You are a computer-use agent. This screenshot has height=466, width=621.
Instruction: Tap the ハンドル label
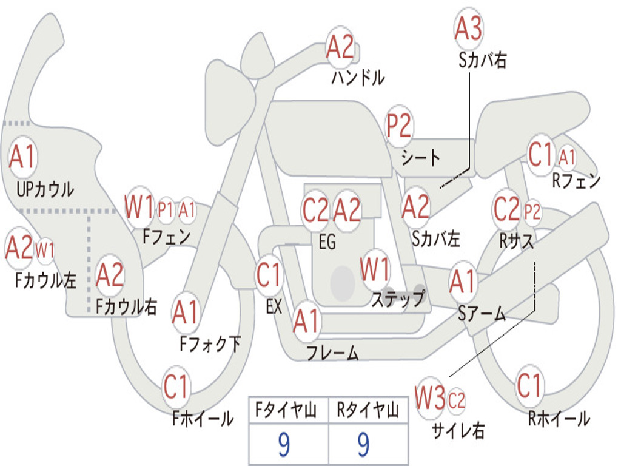point(358,77)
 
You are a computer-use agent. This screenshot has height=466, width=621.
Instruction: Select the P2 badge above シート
point(400,124)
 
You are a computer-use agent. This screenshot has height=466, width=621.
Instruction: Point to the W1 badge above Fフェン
point(139,206)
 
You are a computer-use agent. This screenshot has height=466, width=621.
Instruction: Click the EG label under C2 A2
point(327,241)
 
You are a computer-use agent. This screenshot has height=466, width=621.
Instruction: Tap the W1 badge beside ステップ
point(375,269)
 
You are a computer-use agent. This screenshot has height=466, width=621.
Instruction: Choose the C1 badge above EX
point(269,274)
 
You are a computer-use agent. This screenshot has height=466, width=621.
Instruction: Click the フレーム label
point(333,353)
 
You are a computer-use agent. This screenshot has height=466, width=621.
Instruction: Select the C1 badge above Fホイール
point(176,386)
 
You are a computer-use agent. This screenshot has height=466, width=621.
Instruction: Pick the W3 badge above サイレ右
point(430,397)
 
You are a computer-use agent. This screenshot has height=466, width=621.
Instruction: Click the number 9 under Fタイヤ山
point(284,444)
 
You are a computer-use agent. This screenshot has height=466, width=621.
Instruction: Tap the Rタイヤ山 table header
point(368,410)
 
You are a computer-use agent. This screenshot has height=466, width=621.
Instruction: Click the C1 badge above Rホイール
point(529,385)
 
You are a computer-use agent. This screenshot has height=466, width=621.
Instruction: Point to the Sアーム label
point(482,314)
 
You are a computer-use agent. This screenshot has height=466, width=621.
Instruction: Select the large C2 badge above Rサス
point(507,209)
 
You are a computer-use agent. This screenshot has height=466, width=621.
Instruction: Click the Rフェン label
point(576,181)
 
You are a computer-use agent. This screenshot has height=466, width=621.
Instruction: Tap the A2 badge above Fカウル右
point(110,274)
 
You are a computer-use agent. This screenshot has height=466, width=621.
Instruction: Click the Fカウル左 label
point(45,280)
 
